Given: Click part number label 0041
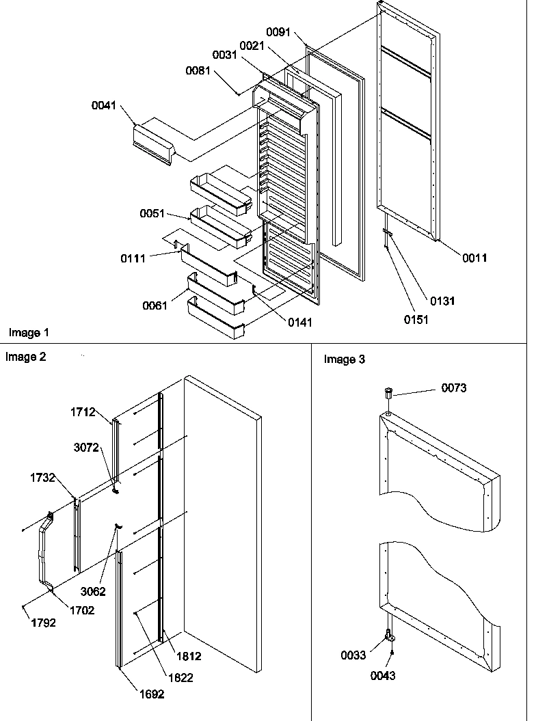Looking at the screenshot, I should (x=104, y=106).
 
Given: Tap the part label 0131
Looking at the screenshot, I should (x=443, y=301).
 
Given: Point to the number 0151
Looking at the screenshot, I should (x=416, y=320).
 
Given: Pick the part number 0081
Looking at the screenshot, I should (x=199, y=70).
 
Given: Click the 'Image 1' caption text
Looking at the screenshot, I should (x=29, y=333).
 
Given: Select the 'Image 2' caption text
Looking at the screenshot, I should (x=26, y=356).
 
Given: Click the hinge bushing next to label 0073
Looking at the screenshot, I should (x=388, y=394).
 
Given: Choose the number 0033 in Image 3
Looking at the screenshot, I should (x=354, y=655).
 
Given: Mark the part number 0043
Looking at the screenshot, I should (x=383, y=676).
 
